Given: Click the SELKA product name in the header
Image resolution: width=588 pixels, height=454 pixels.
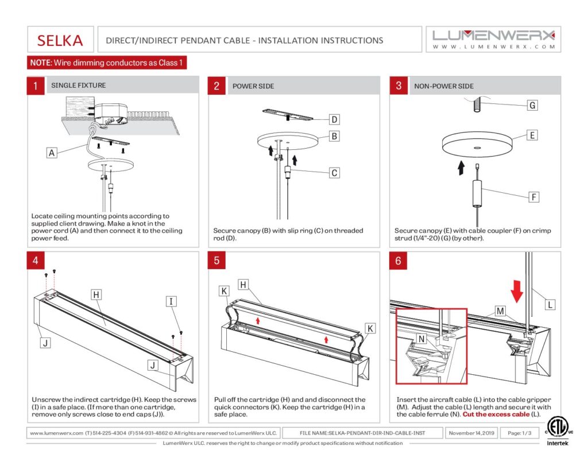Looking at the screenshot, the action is click(60, 40).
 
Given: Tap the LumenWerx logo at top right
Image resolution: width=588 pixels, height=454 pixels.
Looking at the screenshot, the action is click(493, 40).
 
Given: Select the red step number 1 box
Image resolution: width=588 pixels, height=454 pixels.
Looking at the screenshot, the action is click(36, 86).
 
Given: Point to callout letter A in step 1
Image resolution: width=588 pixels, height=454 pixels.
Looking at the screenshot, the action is click(52, 153).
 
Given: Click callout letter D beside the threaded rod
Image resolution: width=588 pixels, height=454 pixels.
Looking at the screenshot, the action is click(334, 119).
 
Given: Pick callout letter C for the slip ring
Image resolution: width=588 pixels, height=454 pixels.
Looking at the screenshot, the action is click(334, 173).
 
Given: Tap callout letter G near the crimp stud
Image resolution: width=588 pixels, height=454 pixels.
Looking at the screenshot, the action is click(532, 106).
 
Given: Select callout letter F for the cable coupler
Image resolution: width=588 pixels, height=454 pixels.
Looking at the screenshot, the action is click(533, 197).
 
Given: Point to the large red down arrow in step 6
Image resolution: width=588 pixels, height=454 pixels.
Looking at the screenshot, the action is click(517, 290).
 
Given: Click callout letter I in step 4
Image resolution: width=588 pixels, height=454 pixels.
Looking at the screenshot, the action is click(171, 301).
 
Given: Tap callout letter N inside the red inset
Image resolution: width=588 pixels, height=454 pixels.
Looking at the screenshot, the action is click(421, 339).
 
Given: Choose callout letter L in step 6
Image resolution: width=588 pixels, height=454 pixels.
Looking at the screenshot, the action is click(550, 304).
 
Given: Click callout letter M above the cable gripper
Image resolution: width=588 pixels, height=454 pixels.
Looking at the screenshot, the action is click(500, 311).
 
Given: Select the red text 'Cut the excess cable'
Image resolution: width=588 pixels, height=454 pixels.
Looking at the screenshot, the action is click(496, 414).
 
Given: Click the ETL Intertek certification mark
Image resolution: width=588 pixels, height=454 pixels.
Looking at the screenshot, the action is click(557, 432).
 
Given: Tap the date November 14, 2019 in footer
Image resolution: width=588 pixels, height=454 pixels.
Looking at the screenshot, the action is click(471, 433).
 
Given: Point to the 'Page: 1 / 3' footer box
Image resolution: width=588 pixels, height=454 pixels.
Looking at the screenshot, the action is click(519, 433).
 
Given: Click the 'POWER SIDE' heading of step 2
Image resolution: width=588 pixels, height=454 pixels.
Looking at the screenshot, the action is click(253, 86).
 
